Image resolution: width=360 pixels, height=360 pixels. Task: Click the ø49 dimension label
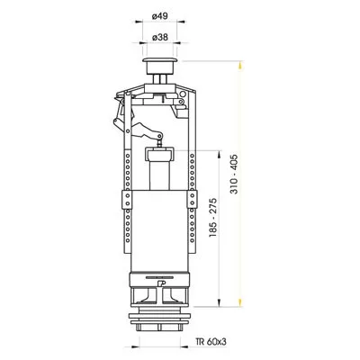click(x=160, y=16)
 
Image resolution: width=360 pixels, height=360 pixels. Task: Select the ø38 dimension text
click(x=160, y=38)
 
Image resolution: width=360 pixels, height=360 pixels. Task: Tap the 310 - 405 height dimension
click(x=234, y=174)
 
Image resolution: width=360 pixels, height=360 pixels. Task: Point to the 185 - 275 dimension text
click(x=213, y=218)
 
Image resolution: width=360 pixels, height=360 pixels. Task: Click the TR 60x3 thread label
click(x=211, y=342)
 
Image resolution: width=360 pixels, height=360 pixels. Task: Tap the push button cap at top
click(x=160, y=66)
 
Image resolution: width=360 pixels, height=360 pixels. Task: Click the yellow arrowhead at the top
click(x=239, y=66)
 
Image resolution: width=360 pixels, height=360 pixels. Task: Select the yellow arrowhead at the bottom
click(x=239, y=302)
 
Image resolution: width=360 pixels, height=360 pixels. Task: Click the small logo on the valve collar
click(x=162, y=283)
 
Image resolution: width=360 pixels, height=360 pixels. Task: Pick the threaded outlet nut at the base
click(x=160, y=320)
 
